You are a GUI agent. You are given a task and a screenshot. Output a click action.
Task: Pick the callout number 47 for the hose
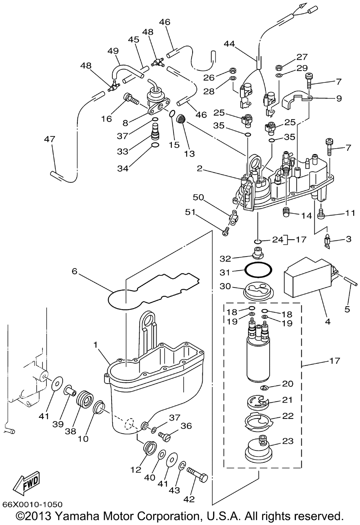click(50, 139)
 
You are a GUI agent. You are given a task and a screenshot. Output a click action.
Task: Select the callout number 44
click(229, 44)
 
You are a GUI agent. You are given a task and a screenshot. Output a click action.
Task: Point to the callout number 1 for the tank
click(95, 344)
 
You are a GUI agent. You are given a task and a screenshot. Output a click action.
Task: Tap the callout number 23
click(288, 441)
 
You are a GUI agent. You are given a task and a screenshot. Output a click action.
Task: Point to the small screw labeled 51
click(226, 232)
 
